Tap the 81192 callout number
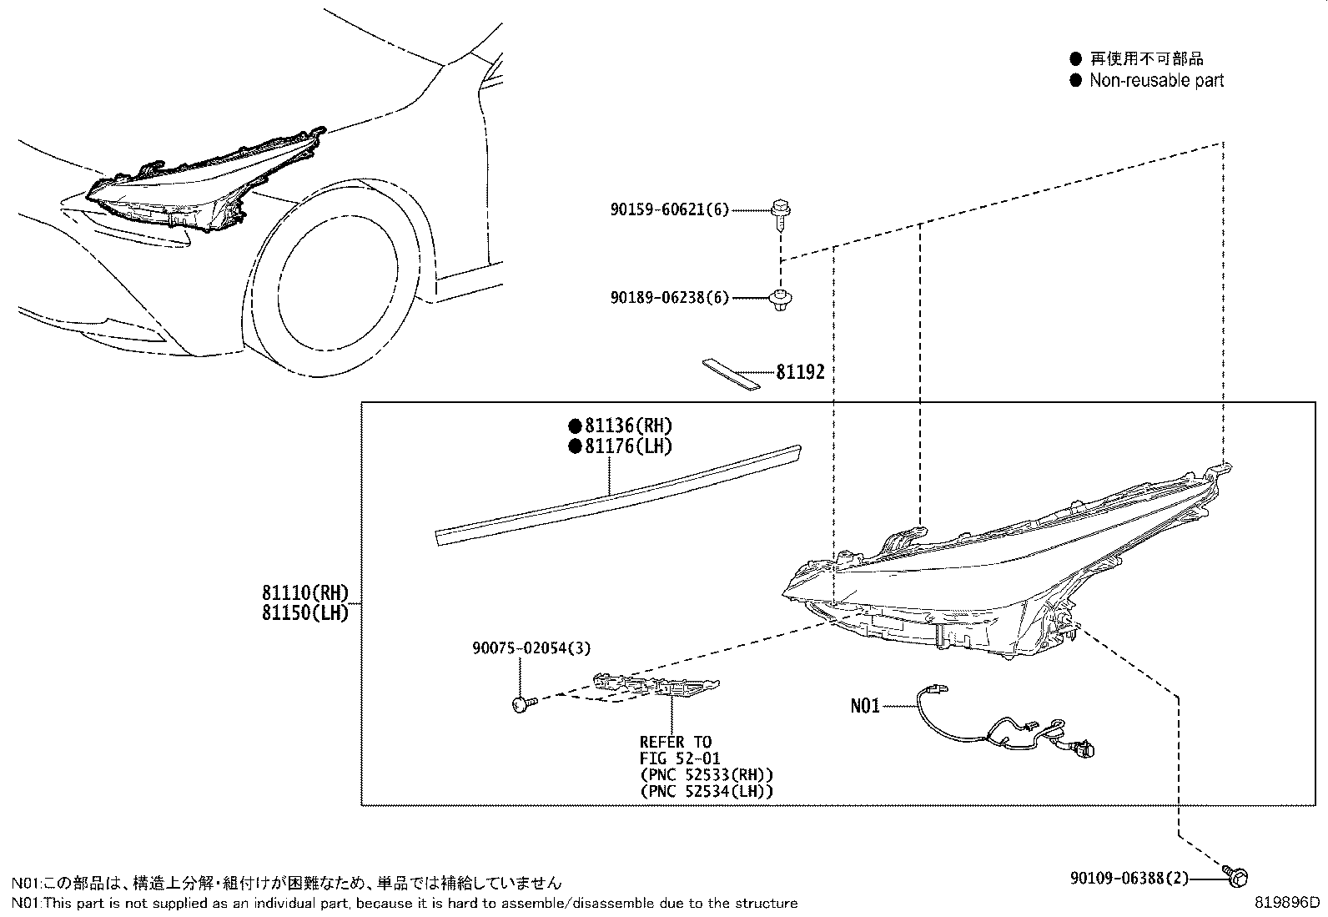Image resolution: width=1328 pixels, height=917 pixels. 799,372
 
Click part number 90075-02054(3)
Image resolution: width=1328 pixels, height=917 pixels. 531,647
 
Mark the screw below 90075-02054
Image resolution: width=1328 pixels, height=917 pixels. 523,704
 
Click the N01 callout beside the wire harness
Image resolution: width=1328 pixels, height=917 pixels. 865,706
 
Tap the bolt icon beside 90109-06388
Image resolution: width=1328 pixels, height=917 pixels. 1237,876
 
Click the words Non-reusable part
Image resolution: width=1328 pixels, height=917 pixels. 1156,80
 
